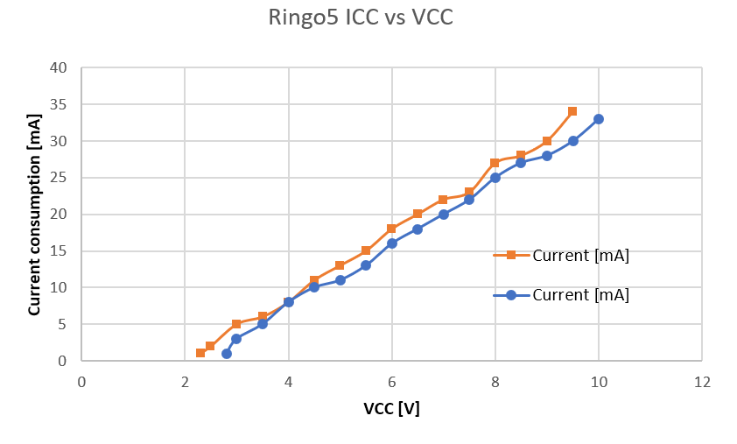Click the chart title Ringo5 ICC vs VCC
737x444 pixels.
pyautogui.click(x=360, y=18)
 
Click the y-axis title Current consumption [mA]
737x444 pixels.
pyautogui.click(x=35, y=215)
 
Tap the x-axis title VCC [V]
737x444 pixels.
pyautogui.click(x=391, y=408)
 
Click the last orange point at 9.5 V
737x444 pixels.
pyautogui.click(x=572, y=111)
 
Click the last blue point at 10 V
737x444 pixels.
pyautogui.click(x=599, y=119)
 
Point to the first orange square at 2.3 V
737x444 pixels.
pyautogui.click(x=200, y=353)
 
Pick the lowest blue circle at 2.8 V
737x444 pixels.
pyautogui.click(x=227, y=353)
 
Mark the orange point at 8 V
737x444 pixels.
pyautogui.click(x=495, y=163)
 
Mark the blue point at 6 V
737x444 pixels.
pyautogui.click(x=391, y=243)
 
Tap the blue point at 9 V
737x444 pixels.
pyautogui.click(x=547, y=156)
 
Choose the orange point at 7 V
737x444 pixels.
pyautogui.click(x=443, y=200)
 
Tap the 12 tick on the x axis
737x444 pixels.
pyautogui.click(x=702, y=382)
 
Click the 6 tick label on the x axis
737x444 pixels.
pyautogui.click(x=391, y=382)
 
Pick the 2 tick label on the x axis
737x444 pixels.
pyautogui.click(x=185, y=382)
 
